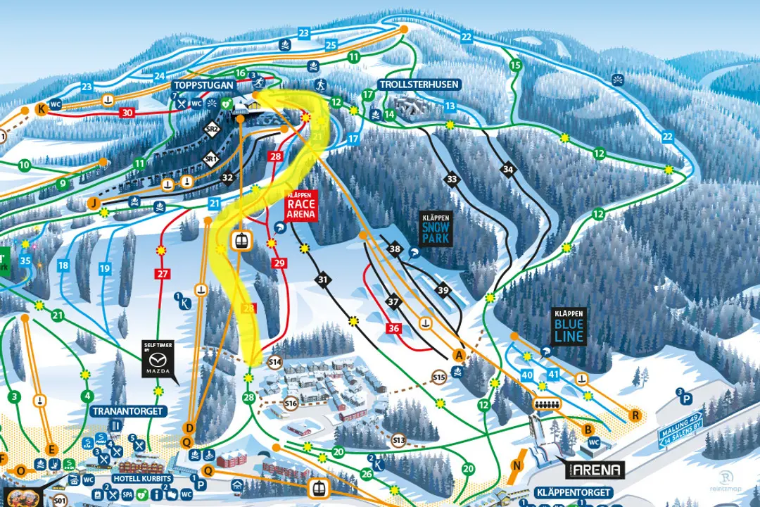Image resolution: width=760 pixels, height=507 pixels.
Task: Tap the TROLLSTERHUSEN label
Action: (x=419, y=84)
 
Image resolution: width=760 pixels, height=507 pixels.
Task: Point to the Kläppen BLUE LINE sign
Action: (x=569, y=327)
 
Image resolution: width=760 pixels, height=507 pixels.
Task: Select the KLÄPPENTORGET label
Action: (x=573, y=492)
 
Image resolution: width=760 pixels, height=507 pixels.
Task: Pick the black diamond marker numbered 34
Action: (x=509, y=169)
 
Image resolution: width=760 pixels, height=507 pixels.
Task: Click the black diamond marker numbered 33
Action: (x=452, y=180)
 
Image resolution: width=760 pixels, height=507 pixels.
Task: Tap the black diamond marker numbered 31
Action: (x=323, y=280)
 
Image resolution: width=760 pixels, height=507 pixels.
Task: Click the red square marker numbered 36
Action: (x=394, y=328)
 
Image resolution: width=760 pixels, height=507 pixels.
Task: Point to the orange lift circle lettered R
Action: (x=635, y=415)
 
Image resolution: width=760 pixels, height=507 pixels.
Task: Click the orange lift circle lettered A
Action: (x=460, y=355)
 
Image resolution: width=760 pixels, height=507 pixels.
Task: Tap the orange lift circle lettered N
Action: (x=519, y=465)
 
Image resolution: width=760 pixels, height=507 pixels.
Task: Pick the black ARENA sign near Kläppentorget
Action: (x=597, y=470)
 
